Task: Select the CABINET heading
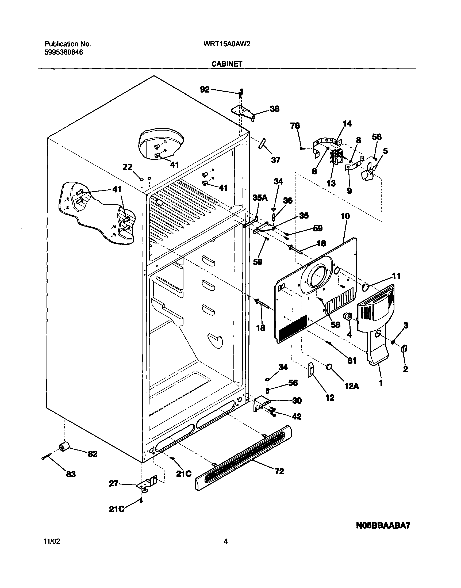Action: coord(227,64)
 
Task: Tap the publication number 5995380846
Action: coord(63,52)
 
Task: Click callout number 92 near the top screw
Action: coord(205,90)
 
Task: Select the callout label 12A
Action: coord(351,386)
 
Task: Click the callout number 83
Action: coord(71,474)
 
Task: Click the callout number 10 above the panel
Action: coord(345,216)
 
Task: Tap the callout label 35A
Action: coord(260,198)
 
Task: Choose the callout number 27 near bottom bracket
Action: coord(113,483)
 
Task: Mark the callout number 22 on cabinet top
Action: coord(127,167)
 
